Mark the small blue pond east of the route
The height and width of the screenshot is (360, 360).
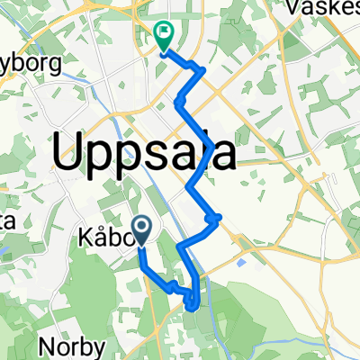tap(241, 263)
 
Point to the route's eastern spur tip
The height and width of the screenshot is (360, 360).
tap(219, 216)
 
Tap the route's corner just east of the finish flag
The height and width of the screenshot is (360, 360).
tap(204, 70)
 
